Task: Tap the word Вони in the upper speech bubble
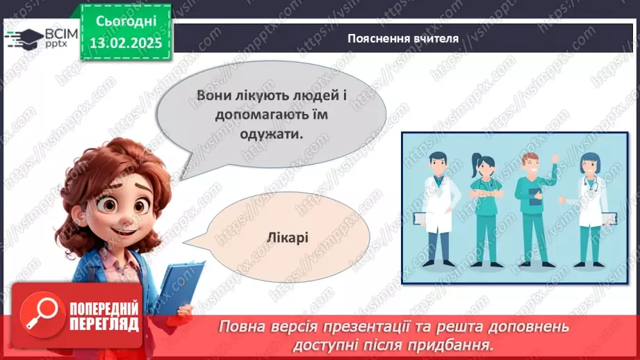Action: [x=213, y=96]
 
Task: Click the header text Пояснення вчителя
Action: [x=403, y=38]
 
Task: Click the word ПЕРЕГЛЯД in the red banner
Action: [x=104, y=324]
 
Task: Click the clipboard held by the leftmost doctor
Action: [x=420, y=218]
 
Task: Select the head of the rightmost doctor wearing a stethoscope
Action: [x=590, y=165]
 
